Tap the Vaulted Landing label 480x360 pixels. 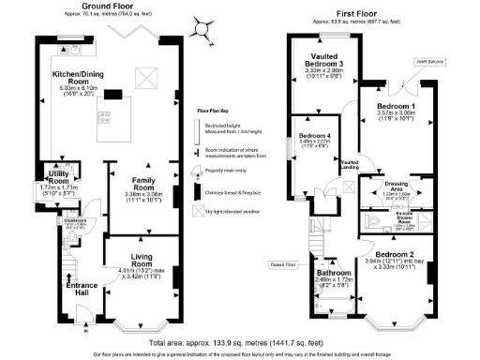tap(351, 165)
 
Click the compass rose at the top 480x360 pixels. tap(203, 27)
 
